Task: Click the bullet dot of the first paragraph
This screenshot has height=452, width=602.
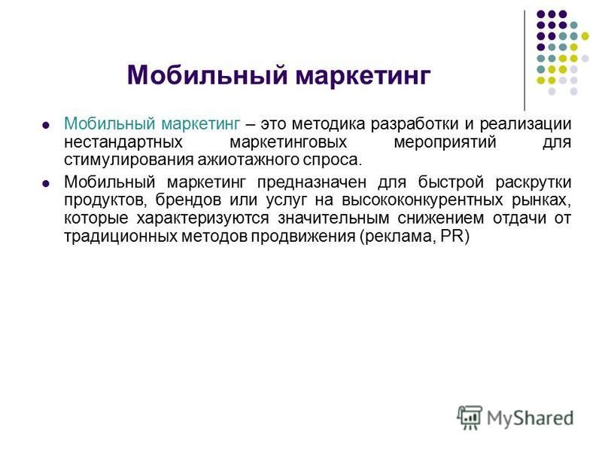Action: (46, 125)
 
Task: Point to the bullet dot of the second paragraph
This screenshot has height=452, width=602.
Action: (46, 183)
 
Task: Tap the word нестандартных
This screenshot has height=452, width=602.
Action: (123, 142)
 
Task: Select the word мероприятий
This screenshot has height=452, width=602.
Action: (445, 143)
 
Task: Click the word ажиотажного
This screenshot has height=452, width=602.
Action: (248, 160)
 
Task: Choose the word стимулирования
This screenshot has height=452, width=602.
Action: (129, 160)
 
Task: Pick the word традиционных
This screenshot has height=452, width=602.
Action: (120, 237)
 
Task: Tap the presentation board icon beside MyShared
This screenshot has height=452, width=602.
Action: (470, 417)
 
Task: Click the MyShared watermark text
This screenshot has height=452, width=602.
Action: (531, 418)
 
